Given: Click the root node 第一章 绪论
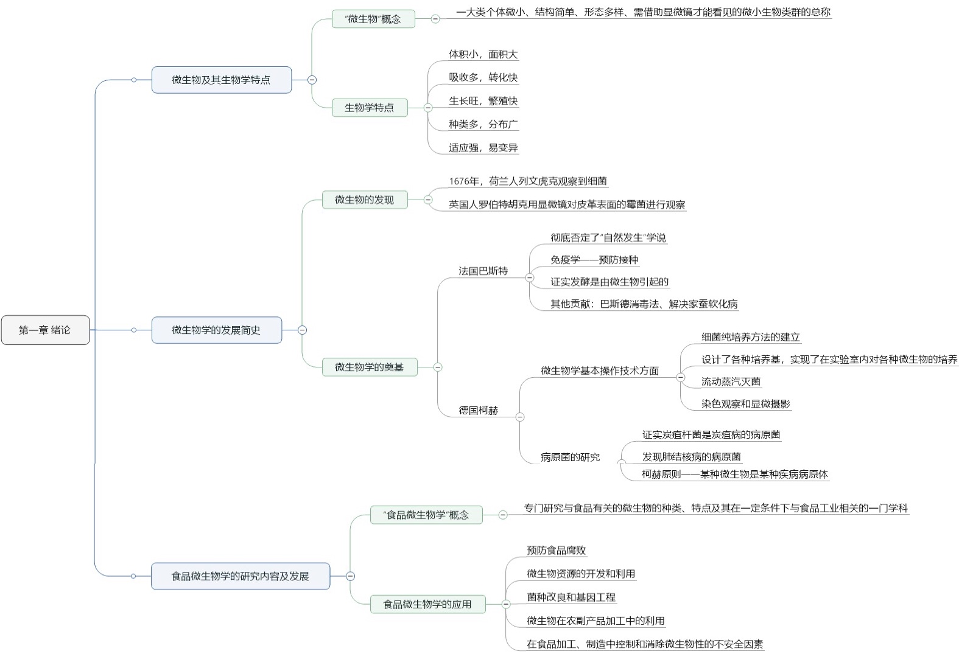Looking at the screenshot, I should [x=45, y=330].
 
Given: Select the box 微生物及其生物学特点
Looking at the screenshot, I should [x=221, y=80].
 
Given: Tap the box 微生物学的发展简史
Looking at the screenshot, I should [x=216, y=330].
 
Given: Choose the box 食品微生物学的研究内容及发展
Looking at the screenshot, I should [x=240, y=576].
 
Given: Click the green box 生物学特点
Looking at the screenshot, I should [x=369, y=108].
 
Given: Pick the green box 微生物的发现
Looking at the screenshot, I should [x=364, y=200].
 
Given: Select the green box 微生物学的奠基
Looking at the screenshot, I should [x=369, y=367].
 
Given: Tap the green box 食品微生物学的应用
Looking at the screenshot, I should [x=427, y=604].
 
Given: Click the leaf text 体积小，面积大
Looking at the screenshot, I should [x=483, y=54].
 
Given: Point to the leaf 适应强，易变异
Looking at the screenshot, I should [x=483, y=147].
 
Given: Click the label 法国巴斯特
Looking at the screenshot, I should [x=483, y=271].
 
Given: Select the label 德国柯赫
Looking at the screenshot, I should [x=478, y=411].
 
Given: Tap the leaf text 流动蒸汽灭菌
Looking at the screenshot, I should [x=731, y=381].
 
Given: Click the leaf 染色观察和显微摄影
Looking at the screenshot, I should [x=745, y=403].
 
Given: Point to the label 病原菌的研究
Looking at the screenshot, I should [x=570, y=457].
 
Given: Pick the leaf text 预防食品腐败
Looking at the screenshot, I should [x=556, y=550].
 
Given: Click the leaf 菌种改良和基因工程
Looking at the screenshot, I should [x=571, y=597].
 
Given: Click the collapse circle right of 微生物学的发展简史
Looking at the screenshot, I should [x=302, y=330].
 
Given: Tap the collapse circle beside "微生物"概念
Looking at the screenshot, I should [x=435, y=19].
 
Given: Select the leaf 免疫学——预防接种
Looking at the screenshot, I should [x=594, y=260].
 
